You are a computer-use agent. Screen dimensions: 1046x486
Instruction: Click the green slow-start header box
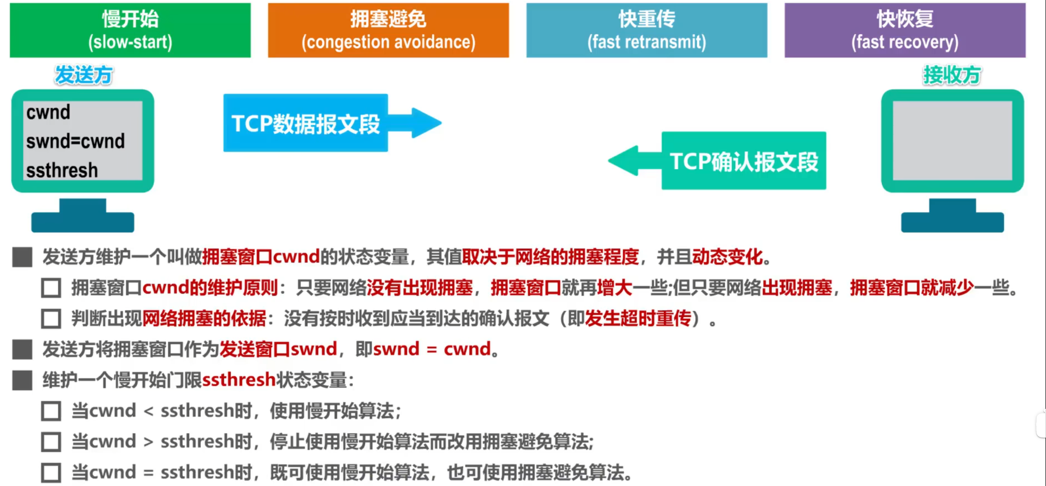pos(130,30)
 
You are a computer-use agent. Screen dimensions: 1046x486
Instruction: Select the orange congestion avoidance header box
pos(388,30)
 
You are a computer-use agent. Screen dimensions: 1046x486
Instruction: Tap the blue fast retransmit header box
pos(647,30)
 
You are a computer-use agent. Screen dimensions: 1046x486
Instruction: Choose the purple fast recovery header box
pos(905,30)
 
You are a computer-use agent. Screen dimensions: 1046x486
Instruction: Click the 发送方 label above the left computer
pos(84,75)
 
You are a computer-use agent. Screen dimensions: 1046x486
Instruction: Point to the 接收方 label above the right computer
pos(952,75)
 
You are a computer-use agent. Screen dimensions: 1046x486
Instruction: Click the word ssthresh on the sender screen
pos(62,171)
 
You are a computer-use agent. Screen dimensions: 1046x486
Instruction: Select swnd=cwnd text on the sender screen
pos(75,141)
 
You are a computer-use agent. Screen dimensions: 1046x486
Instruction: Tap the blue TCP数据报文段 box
pos(305,123)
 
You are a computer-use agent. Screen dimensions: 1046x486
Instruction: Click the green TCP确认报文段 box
pos(744,161)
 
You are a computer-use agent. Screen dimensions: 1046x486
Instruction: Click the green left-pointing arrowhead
pos(623,161)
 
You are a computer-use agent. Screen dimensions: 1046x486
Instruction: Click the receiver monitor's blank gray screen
pos(952,140)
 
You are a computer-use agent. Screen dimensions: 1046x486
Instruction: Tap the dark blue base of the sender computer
pos(83,216)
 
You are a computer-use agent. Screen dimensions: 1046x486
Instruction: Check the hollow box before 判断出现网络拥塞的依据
pos(51,319)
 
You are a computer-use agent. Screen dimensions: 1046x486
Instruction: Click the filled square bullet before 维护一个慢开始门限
pos(22,380)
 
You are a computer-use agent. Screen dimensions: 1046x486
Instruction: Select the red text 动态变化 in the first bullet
pos(728,257)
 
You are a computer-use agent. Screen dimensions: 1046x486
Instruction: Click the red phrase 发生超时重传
pos(638,319)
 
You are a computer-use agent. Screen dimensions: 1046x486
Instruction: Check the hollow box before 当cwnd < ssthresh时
pos(51,411)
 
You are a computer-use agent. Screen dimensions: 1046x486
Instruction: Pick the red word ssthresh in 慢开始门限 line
pos(239,380)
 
